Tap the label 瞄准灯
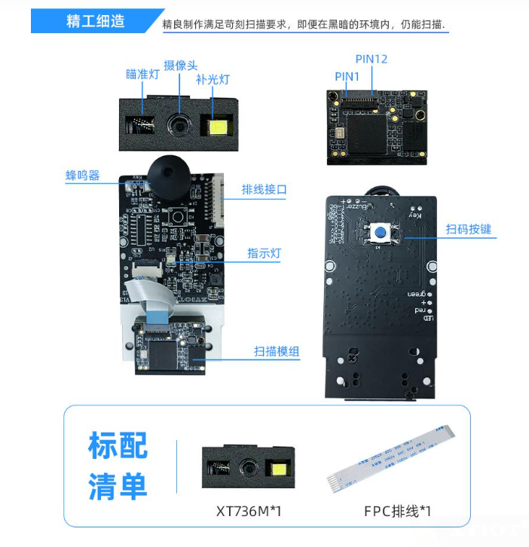142,74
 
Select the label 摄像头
181,66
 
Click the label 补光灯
212,79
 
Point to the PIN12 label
371,59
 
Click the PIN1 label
347,76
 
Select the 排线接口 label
264,190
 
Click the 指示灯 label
264,253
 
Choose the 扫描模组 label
276,351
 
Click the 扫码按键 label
468,229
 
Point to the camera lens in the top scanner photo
180,121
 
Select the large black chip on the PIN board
370,132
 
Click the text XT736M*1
248,512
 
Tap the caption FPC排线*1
398,512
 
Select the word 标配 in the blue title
118,445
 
